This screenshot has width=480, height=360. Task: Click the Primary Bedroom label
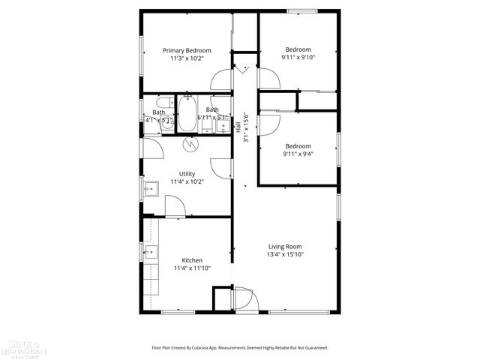coord(187,50)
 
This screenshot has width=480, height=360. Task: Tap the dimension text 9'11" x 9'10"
coord(298,58)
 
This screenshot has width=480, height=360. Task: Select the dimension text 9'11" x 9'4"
coord(298,154)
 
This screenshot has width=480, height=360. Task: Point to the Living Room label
coord(285,246)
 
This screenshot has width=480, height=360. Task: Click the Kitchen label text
coord(192,260)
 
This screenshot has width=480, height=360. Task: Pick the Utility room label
coord(187,173)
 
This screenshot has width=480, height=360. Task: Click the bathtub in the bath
coord(187,115)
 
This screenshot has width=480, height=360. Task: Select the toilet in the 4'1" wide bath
coord(162,104)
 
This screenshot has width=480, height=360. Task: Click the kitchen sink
coord(149,251)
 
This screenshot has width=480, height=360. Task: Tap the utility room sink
coord(149,187)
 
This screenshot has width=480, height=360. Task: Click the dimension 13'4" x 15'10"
coord(285,254)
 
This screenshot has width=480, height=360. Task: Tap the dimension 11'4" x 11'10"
coord(192,268)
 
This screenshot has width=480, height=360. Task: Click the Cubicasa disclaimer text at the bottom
coord(240,347)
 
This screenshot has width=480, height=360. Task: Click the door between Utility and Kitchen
coord(175,206)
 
